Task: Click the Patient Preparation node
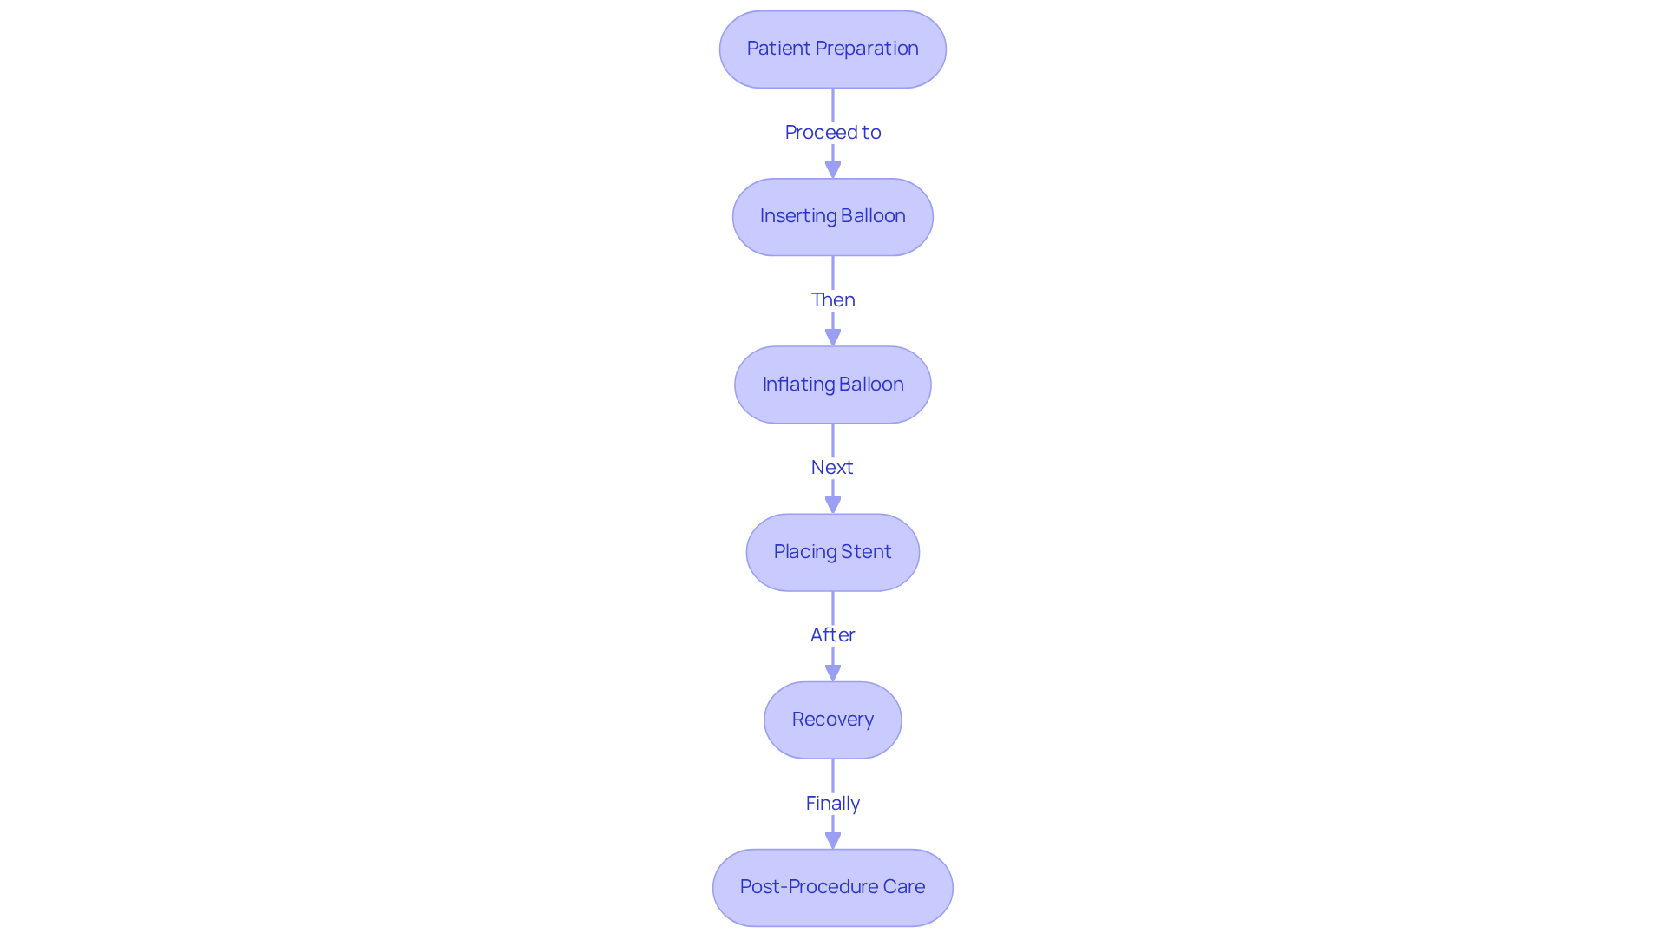coord(832,49)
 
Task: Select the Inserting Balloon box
coord(832,217)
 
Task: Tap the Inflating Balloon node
coord(832,385)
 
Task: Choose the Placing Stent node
coord(832,552)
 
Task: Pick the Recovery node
coord(832,720)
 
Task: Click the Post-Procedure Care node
coord(832,887)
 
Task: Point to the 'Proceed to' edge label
coord(832,132)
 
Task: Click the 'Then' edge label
coord(832,299)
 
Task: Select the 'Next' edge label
coord(832,467)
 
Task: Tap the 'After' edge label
coord(832,634)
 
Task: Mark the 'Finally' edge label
coord(832,803)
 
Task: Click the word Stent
coord(865,552)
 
